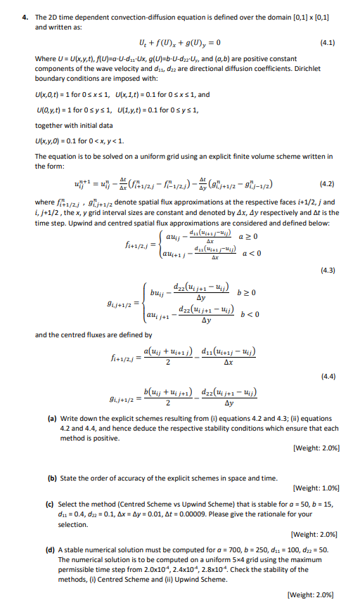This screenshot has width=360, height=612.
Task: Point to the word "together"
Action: (49, 125)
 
